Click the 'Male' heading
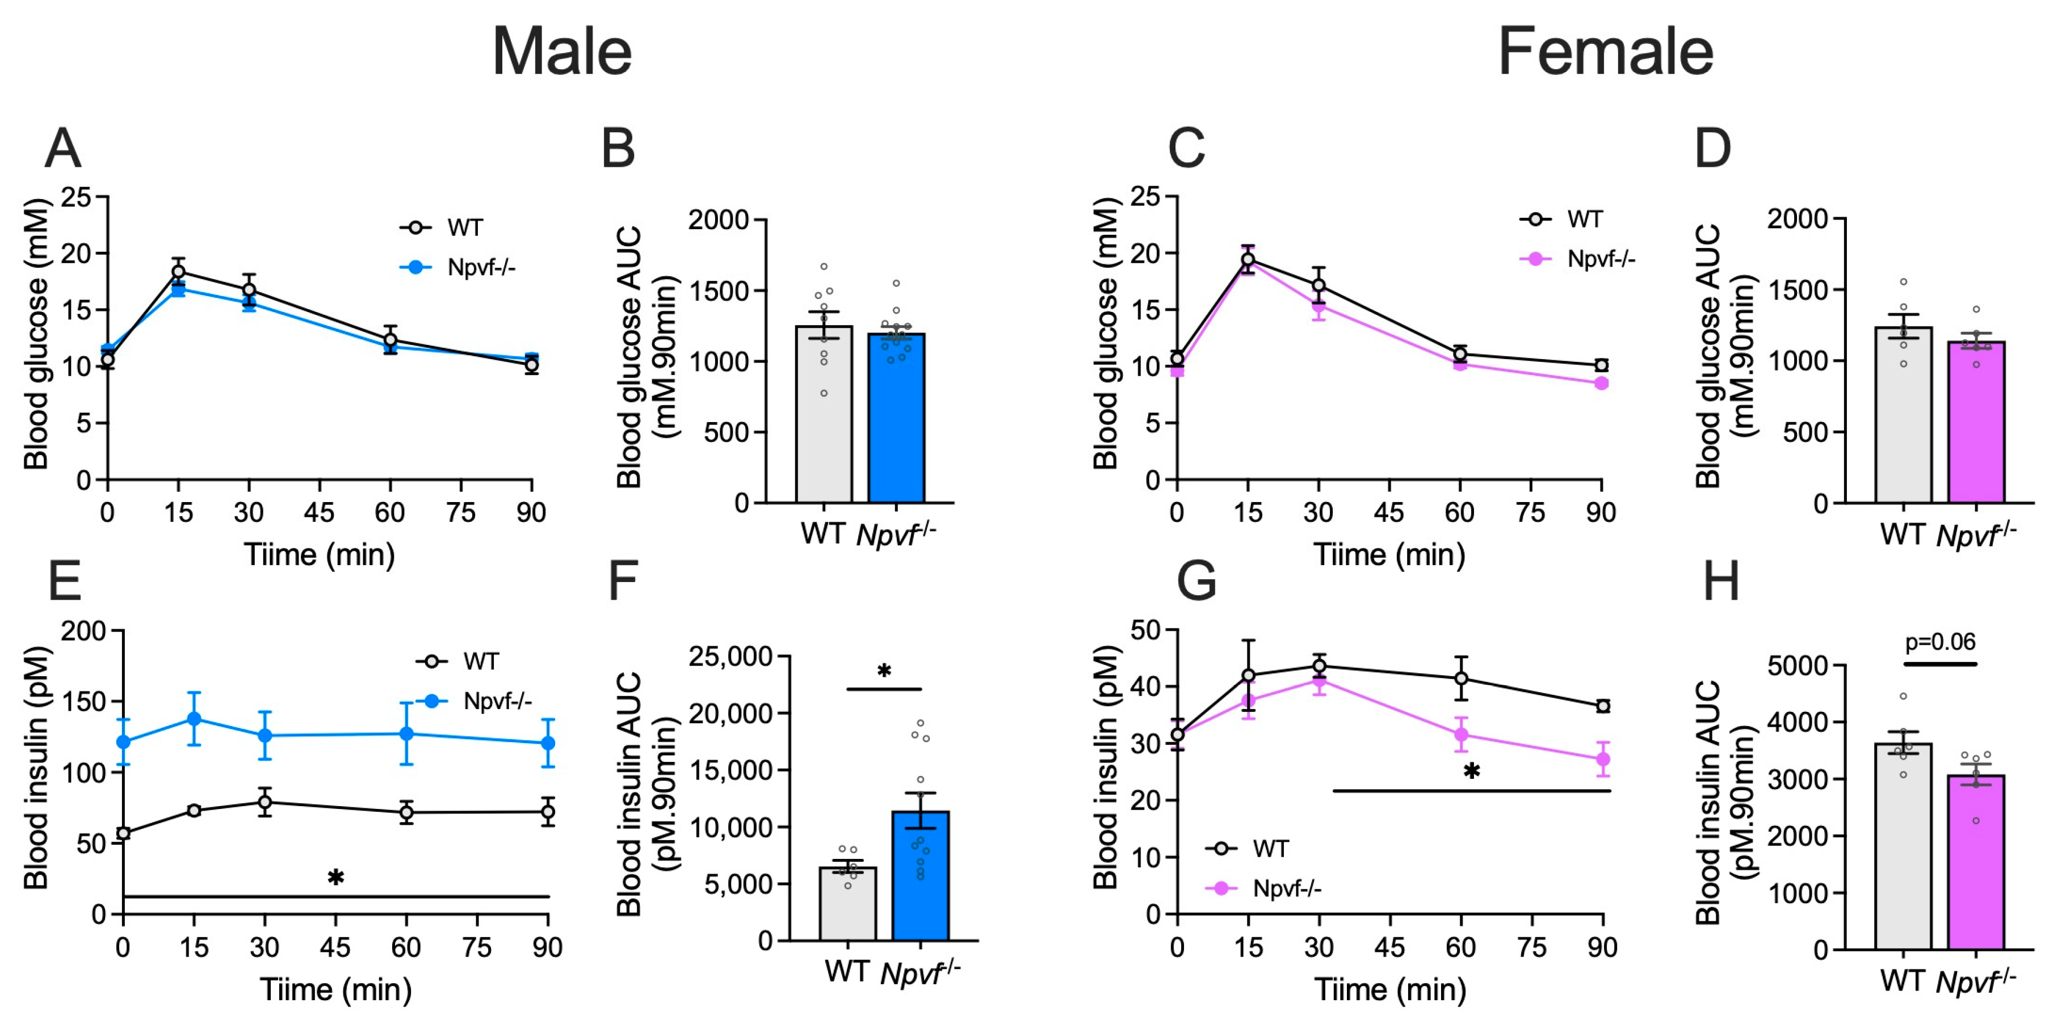[x=562, y=52]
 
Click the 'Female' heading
[x=1605, y=52]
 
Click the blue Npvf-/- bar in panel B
[x=896, y=418]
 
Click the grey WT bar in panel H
[x=1904, y=846]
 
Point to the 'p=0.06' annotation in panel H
[x=1940, y=642]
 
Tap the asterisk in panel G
[x=1472, y=771]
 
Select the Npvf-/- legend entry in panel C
[x=1577, y=259]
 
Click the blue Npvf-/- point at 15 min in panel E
[x=194, y=719]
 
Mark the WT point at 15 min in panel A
[x=179, y=272]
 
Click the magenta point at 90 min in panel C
[x=1602, y=383]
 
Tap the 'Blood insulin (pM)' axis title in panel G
[x=1105, y=767]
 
